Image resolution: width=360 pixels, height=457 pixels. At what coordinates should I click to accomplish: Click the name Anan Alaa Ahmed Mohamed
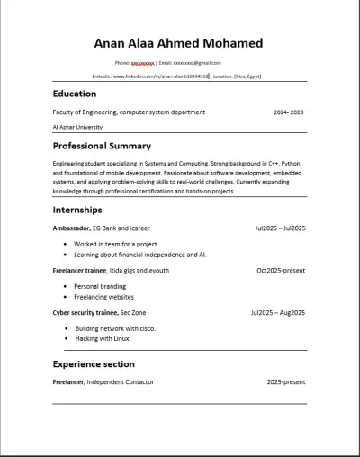coord(178,43)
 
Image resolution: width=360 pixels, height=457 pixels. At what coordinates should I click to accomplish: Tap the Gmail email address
coord(196,63)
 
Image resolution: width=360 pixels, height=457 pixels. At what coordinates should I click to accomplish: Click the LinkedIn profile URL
coord(161,76)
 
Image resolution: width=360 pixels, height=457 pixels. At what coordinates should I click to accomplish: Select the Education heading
coord(75,94)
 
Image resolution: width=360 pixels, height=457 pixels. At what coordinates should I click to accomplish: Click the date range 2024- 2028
coord(289,112)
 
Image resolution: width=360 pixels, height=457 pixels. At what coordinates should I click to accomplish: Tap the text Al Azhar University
coord(77,128)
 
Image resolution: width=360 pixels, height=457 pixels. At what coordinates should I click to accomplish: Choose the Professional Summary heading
coord(102,146)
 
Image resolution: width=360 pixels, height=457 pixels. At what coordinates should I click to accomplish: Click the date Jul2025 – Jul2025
coord(280,229)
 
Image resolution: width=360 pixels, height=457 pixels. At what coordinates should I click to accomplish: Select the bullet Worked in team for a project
coord(116,244)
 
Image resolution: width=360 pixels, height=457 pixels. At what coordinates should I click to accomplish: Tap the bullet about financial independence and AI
coord(139,255)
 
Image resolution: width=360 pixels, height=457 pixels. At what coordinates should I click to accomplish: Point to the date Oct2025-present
coord(281,270)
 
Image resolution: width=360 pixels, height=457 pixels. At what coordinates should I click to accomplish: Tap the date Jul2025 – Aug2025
coord(278,312)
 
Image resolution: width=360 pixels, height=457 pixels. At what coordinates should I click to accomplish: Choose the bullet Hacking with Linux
coord(103,338)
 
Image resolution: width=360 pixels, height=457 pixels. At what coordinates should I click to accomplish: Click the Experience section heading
coord(94,364)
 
